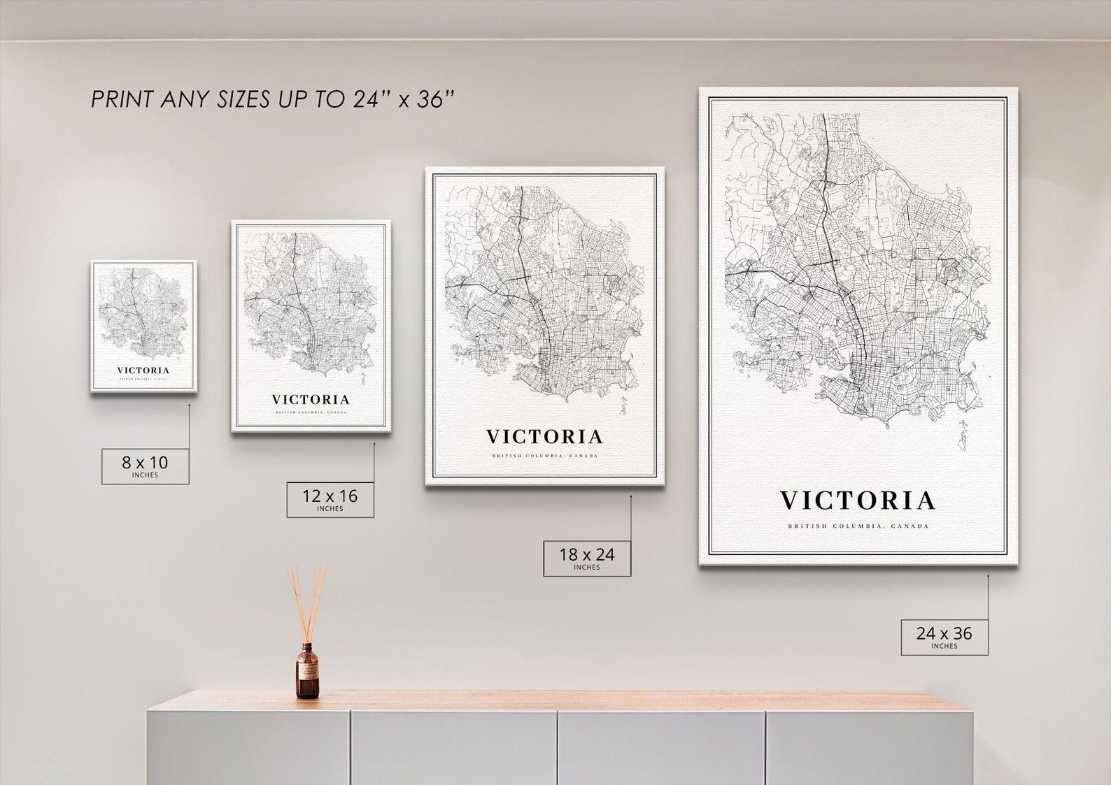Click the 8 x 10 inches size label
click(x=146, y=466)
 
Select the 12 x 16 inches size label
click(x=330, y=499)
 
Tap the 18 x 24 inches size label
click(x=587, y=557)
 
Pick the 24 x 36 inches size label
click(x=944, y=636)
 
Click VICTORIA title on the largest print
click(x=858, y=500)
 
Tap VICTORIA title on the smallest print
click(x=143, y=370)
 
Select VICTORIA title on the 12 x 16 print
click(x=311, y=400)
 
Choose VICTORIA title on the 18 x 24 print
click(x=544, y=437)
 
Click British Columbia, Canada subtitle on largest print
click(x=858, y=526)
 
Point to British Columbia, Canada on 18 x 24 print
click(x=544, y=456)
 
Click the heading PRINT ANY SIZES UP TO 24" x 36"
click(x=273, y=99)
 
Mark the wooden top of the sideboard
click(x=560, y=700)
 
